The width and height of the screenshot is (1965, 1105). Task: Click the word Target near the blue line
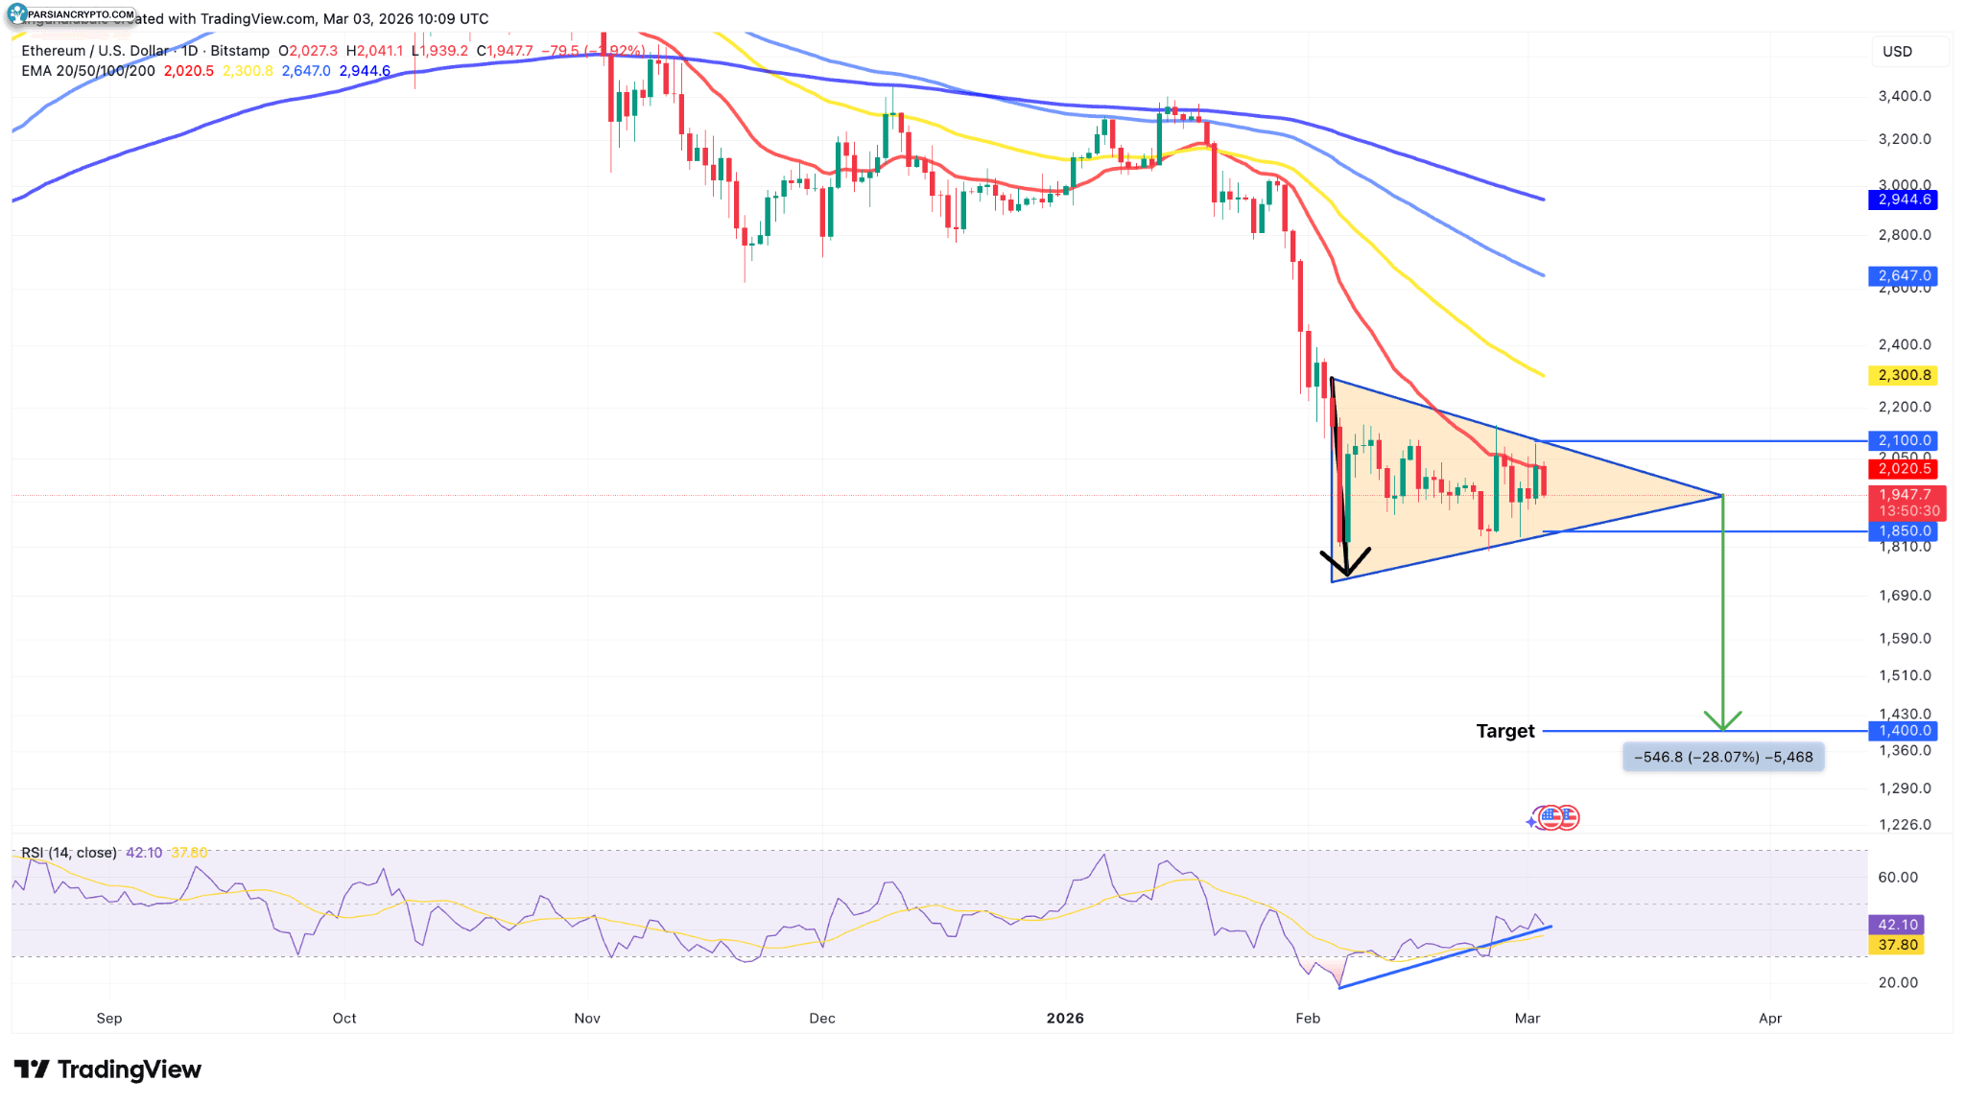pos(1504,731)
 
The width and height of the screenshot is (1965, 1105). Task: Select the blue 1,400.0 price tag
pos(1903,731)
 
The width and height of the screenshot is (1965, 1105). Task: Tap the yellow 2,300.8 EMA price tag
pos(1903,375)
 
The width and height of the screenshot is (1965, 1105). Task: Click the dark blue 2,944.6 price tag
pos(1903,200)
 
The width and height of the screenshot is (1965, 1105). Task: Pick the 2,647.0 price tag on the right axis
pos(1903,276)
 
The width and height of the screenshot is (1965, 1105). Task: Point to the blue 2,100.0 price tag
pos(1903,440)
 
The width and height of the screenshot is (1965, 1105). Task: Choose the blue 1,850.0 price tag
pos(1903,530)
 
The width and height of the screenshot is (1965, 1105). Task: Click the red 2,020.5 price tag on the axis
pos(1903,469)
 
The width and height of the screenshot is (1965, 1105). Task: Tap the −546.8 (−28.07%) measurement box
pos(1723,757)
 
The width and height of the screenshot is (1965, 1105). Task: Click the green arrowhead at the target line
pos(1723,722)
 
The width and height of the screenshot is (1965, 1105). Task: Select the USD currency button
pos(1897,52)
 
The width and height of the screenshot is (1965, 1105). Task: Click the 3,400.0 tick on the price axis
pos(1904,96)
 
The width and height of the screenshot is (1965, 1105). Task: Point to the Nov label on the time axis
pos(587,1018)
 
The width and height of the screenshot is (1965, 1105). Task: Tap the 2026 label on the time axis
pos(1065,1018)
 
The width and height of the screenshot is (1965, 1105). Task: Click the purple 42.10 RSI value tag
pos(1897,925)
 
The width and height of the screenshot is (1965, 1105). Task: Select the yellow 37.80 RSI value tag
pos(1897,945)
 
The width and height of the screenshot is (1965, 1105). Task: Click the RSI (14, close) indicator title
pos(69,853)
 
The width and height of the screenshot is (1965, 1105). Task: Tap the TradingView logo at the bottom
pos(107,1070)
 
